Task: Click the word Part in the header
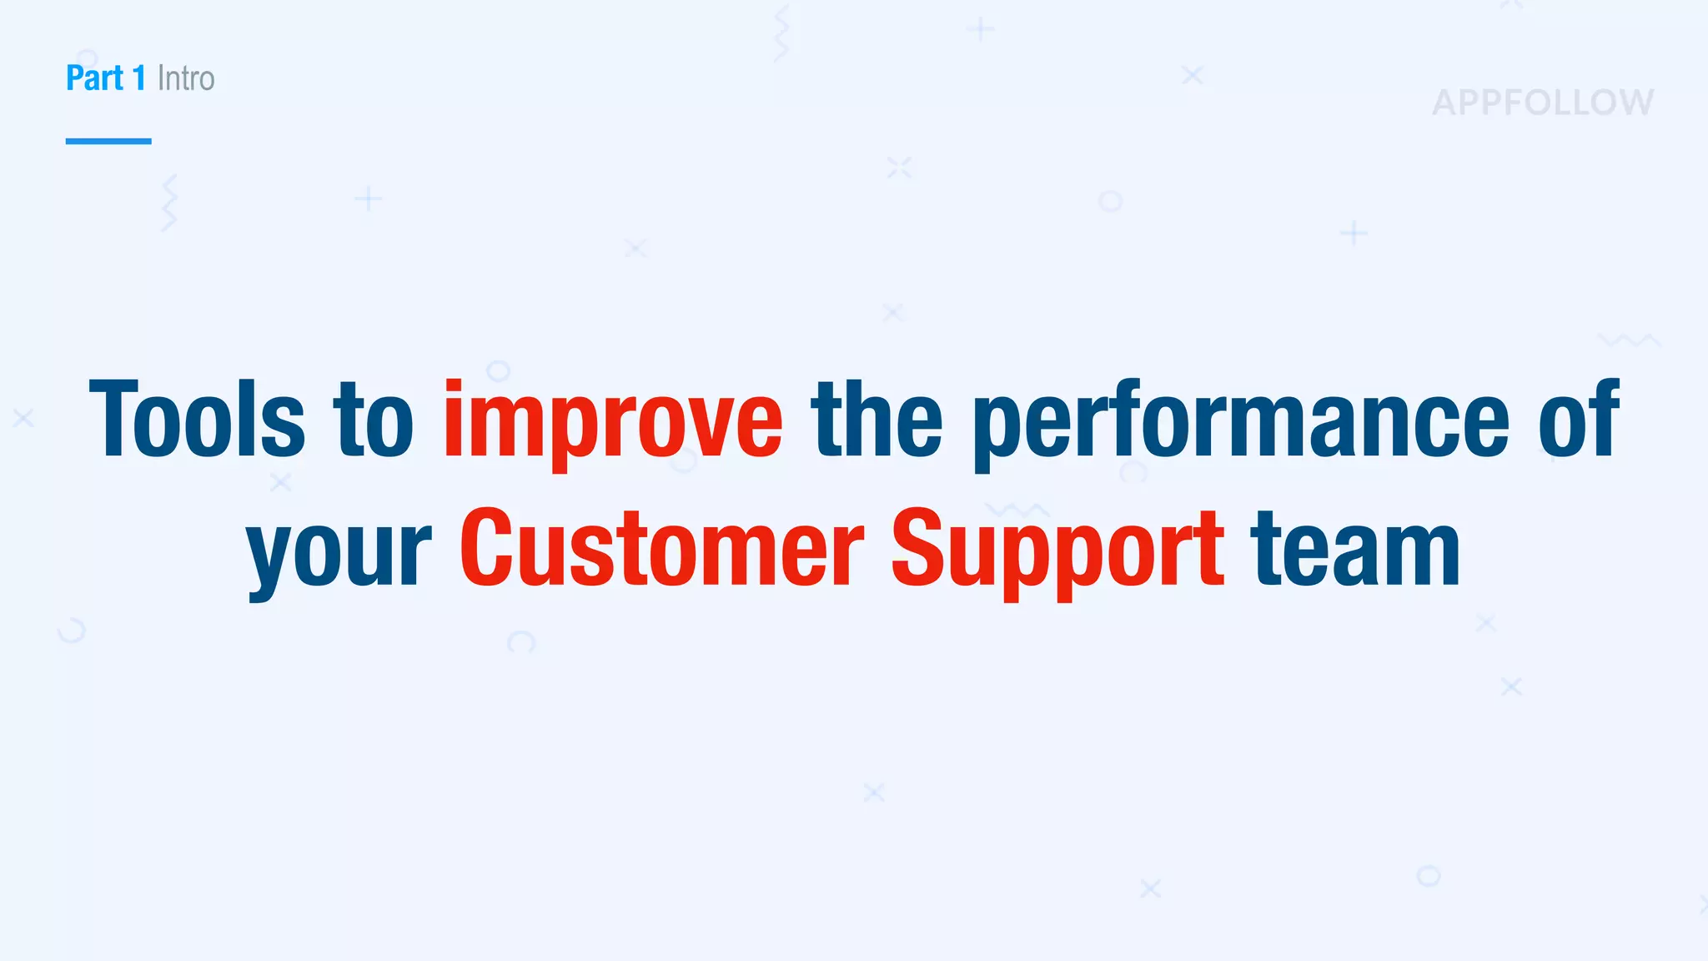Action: [94, 78]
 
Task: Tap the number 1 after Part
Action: [139, 78]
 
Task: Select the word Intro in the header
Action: [186, 78]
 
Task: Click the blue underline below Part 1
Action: [108, 141]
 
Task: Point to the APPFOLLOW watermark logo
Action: [1543, 103]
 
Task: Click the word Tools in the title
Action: [197, 419]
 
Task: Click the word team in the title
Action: [1355, 548]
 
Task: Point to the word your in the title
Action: [339, 555]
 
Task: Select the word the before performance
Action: [877, 419]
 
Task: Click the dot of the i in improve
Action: [454, 385]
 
